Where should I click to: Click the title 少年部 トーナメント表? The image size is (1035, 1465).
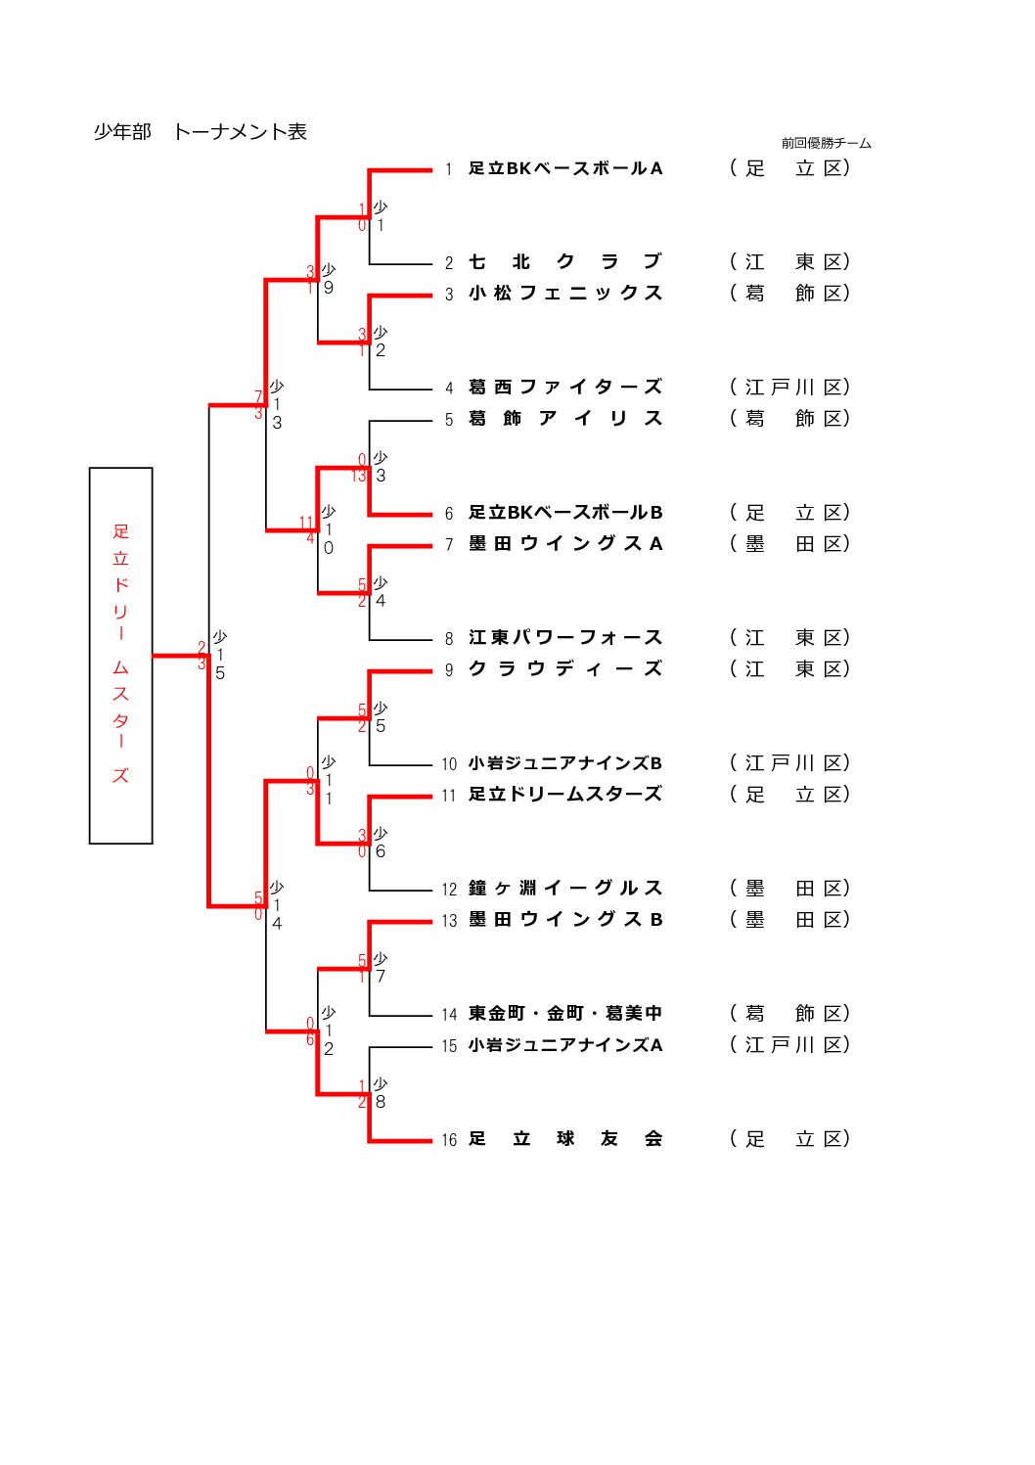(200, 132)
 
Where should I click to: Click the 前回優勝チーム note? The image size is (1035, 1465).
(826, 144)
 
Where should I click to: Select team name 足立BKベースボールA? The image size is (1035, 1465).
(565, 168)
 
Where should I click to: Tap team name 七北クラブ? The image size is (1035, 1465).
(565, 262)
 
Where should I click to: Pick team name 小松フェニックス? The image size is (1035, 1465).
(565, 294)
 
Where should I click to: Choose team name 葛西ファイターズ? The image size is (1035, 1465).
(565, 388)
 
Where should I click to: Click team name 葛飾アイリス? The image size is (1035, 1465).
(565, 419)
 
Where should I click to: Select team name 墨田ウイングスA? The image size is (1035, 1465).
(565, 544)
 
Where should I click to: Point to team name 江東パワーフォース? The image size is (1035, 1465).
(565, 638)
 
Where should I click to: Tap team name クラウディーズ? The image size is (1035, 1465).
(565, 669)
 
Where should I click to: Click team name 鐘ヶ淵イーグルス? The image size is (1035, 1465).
(565, 889)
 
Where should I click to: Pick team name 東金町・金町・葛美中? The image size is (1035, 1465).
(565, 1014)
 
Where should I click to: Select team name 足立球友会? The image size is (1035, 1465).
(565, 1139)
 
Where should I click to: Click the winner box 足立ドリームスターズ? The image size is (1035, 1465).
(121, 655)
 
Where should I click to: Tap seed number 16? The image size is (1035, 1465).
(449, 1140)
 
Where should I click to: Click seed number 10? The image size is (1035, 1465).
(449, 764)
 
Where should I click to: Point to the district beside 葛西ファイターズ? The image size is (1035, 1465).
(789, 388)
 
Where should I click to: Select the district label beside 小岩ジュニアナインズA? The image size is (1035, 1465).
(789, 1045)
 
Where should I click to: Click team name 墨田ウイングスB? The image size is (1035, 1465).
(565, 920)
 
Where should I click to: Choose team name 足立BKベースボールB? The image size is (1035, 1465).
(565, 513)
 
